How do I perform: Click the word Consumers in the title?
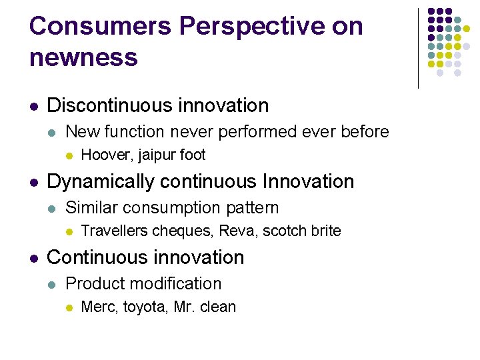click(x=100, y=26)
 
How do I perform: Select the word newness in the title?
click(x=83, y=57)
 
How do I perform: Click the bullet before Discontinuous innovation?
click(x=34, y=106)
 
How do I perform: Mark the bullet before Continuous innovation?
click(x=34, y=258)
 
